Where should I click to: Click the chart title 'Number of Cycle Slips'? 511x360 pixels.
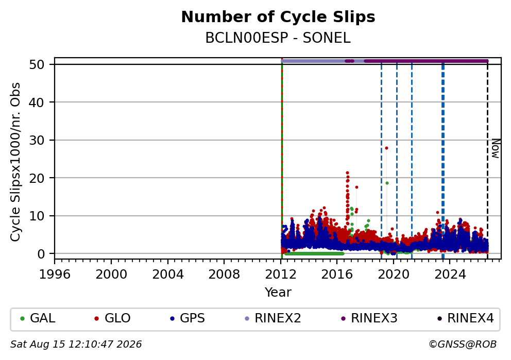(x=278, y=16)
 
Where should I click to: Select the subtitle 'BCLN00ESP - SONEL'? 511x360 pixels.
(x=278, y=38)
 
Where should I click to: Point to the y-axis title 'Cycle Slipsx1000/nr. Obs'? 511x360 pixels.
(x=15, y=162)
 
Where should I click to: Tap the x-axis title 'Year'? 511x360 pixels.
(x=278, y=292)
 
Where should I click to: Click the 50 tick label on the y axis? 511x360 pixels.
(x=37, y=64)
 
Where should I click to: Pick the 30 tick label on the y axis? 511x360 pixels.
(x=37, y=140)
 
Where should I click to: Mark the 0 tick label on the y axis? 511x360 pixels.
(x=41, y=254)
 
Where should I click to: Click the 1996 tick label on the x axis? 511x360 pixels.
(x=55, y=275)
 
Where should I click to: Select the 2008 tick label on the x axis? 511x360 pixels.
(x=224, y=275)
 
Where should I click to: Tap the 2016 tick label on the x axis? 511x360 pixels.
(x=337, y=275)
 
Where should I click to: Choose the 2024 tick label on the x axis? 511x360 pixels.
(x=450, y=275)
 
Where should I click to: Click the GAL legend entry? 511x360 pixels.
(x=38, y=318)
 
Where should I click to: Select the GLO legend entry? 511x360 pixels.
(x=112, y=318)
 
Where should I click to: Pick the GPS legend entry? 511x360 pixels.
(x=188, y=318)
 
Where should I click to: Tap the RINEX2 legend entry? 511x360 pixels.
(x=273, y=318)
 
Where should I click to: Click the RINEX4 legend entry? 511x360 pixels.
(x=465, y=318)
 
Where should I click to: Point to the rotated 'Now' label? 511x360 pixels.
(x=496, y=148)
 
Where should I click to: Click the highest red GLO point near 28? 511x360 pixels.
(x=386, y=148)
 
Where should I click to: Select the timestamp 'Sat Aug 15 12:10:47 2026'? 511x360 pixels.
(x=76, y=345)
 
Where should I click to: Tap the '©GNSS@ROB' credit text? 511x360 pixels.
(x=463, y=345)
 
